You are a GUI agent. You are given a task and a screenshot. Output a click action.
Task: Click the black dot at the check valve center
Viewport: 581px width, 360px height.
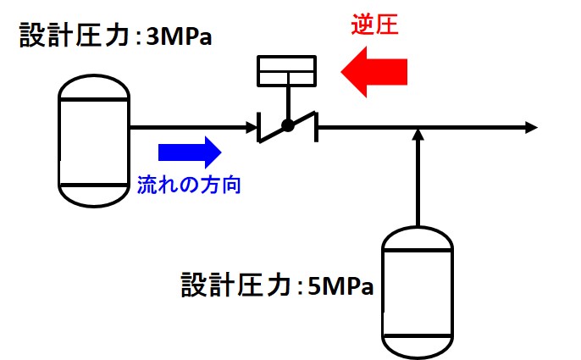point(288,126)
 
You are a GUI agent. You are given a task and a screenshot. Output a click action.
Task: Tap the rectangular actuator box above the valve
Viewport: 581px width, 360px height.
point(288,71)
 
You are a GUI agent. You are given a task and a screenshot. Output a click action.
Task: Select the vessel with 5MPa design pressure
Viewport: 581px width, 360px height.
point(418,291)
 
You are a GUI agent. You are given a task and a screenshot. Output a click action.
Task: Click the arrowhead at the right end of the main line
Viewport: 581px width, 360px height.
point(530,128)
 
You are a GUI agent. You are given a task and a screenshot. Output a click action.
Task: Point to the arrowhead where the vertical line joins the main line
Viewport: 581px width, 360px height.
point(418,135)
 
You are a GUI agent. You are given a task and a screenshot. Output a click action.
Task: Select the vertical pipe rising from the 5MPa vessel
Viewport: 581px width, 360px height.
point(418,182)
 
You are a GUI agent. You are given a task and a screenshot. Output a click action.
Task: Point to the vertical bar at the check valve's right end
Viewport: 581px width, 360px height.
point(318,128)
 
